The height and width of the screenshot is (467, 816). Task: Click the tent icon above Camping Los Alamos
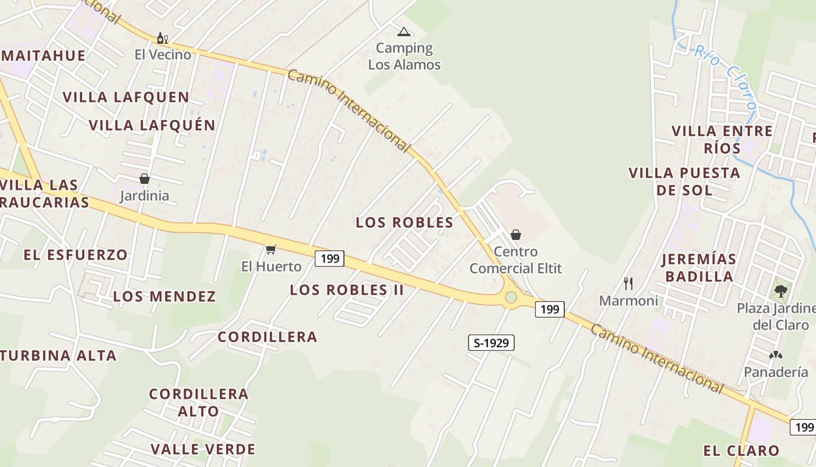tap(403, 32)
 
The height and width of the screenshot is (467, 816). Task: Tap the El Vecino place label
tap(163, 55)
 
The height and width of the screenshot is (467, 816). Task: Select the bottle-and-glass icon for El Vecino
tap(162, 39)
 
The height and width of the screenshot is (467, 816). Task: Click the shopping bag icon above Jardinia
tap(144, 179)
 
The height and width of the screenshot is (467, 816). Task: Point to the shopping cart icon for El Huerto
tap(270, 250)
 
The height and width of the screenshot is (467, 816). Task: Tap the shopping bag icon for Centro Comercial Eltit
tap(515, 235)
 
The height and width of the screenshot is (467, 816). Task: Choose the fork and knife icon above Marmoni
tap(628, 284)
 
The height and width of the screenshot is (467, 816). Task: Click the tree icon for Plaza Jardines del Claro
tap(780, 290)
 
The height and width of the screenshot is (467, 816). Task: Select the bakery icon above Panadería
tap(775, 354)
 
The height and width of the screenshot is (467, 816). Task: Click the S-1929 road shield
tap(491, 343)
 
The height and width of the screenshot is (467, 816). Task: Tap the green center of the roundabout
tap(511, 298)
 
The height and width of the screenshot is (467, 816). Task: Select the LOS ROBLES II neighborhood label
tap(347, 290)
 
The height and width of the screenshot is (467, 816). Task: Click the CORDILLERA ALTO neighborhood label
tap(199, 402)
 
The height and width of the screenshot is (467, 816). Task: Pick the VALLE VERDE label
tap(203, 449)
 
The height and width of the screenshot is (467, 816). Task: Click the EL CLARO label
tap(741, 451)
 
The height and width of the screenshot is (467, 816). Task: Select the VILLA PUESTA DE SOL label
tap(684, 182)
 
